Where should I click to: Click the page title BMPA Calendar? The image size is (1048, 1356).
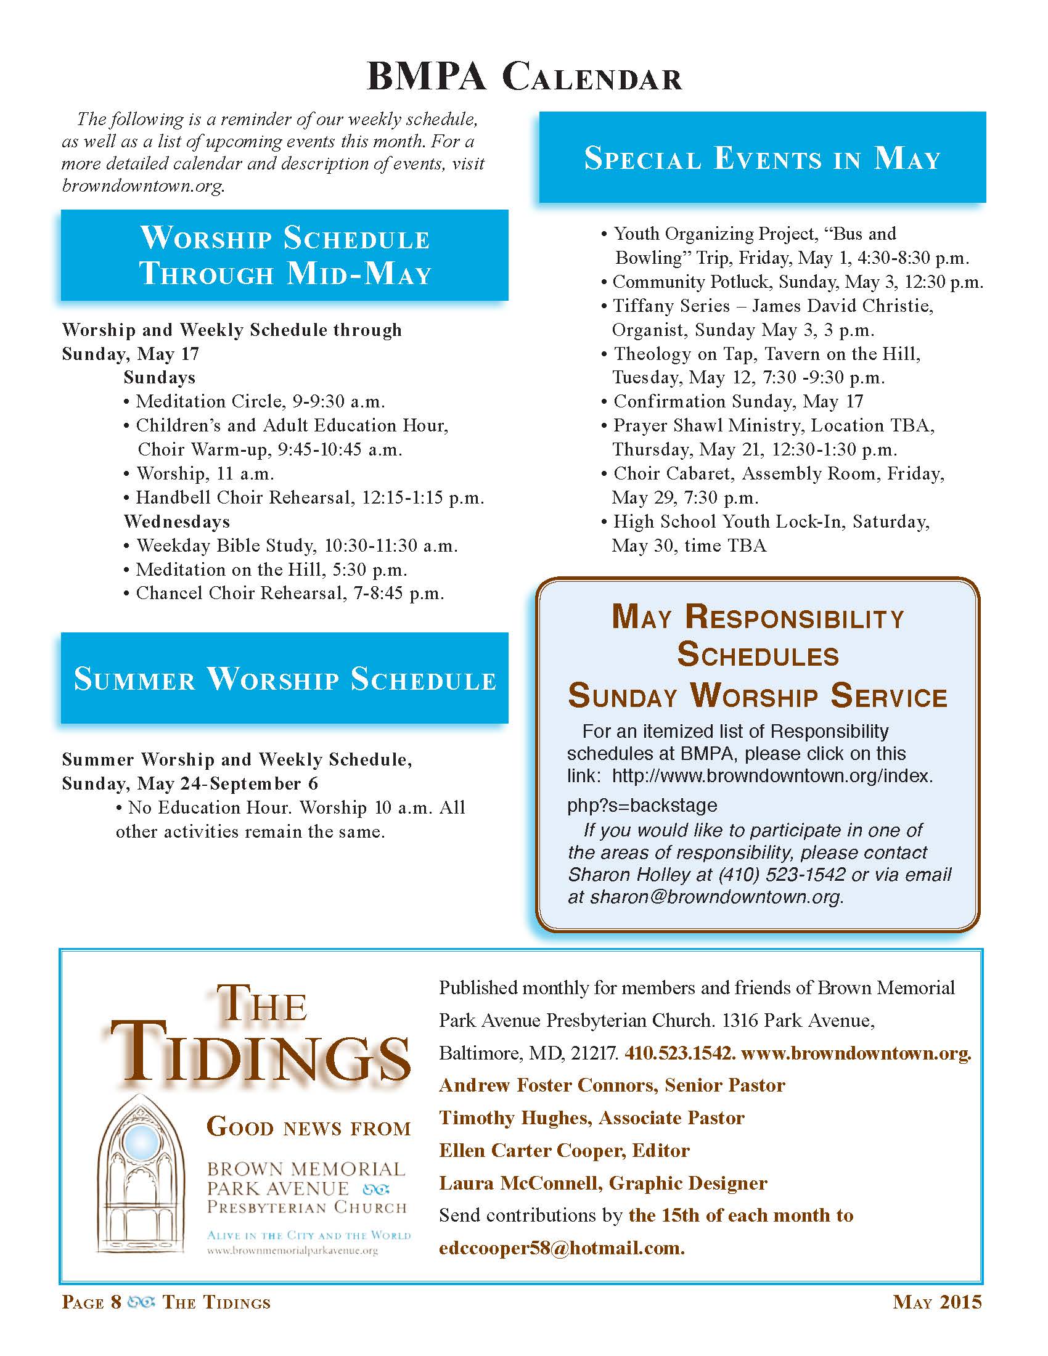coord(525,79)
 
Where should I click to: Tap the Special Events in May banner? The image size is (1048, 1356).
coord(763,158)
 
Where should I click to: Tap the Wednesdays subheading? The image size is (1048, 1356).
coord(177,521)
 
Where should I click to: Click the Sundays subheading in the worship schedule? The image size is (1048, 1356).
coord(160,377)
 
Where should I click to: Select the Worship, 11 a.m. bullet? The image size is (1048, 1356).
coord(205,474)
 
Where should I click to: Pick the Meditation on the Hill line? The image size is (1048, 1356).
coord(271,570)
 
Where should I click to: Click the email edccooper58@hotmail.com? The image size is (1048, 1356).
coord(561,1248)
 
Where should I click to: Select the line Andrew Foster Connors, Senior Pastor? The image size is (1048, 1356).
coord(612,1085)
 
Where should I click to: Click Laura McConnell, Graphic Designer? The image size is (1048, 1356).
coord(603,1183)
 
